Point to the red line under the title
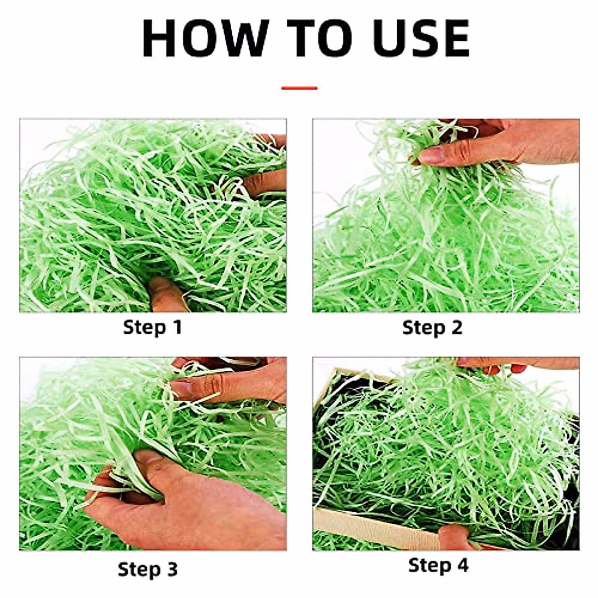[299, 88]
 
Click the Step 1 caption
[152, 327]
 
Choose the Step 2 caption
[432, 327]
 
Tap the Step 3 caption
[148, 569]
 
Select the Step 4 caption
[439, 565]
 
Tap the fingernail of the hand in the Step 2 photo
[432, 155]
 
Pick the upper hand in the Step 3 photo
[234, 381]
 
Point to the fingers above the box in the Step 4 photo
[498, 366]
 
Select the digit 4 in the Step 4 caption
[462, 565]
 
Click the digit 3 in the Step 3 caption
[171, 569]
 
